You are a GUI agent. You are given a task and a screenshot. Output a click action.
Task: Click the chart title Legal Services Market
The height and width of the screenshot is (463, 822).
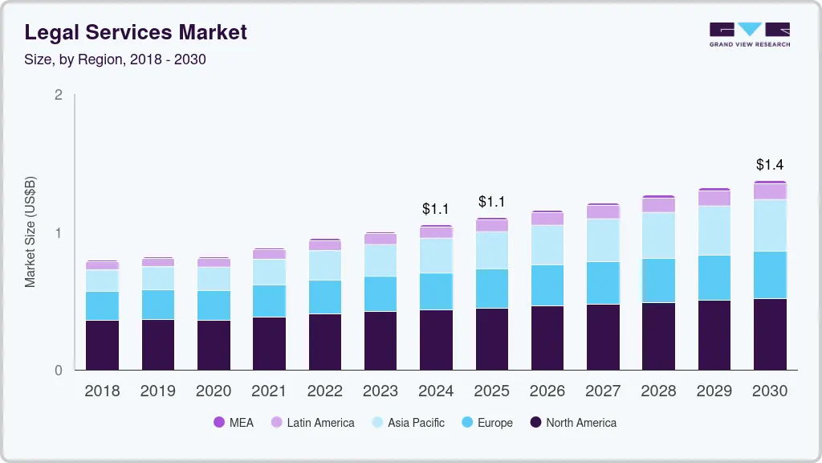pyautogui.click(x=136, y=32)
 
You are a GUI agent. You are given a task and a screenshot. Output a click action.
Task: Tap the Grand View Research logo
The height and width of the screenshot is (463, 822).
pyautogui.click(x=749, y=34)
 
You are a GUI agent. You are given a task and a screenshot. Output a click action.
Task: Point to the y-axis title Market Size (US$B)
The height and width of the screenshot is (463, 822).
pyautogui.click(x=31, y=231)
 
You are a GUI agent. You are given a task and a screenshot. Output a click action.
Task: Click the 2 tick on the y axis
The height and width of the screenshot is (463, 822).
pyautogui.click(x=58, y=95)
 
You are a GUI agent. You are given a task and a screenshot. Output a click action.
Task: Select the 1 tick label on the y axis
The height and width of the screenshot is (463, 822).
pyautogui.click(x=58, y=233)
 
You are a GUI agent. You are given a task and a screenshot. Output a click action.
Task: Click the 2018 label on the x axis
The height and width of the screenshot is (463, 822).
pyautogui.click(x=102, y=391)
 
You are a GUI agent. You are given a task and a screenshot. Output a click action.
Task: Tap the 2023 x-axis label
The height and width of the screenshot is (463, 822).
pyautogui.click(x=380, y=391)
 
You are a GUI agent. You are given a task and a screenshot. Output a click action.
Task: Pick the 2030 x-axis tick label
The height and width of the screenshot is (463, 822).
pyautogui.click(x=770, y=391)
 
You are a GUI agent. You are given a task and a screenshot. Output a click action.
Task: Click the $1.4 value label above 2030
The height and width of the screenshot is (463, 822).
pyautogui.click(x=770, y=165)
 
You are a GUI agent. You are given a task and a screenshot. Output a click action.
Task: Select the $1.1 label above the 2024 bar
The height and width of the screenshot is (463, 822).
pyautogui.click(x=436, y=209)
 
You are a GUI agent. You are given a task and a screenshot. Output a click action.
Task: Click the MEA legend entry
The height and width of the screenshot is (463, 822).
pyautogui.click(x=234, y=423)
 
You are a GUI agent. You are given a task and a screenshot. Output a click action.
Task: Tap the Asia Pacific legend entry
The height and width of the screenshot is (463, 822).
pyautogui.click(x=407, y=423)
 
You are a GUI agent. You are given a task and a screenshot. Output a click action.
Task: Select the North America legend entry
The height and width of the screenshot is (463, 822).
pyautogui.click(x=572, y=423)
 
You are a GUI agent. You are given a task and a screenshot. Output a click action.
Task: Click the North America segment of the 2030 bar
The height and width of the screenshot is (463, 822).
pyautogui.click(x=770, y=334)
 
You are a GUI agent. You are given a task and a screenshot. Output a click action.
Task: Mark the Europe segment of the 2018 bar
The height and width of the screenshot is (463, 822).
pyautogui.click(x=102, y=306)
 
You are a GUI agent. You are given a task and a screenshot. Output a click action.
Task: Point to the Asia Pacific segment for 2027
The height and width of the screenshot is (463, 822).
pyautogui.click(x=603, y=240)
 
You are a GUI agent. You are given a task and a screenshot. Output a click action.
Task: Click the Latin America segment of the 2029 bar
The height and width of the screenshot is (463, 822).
pyautogui.click(x=714, y=199)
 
